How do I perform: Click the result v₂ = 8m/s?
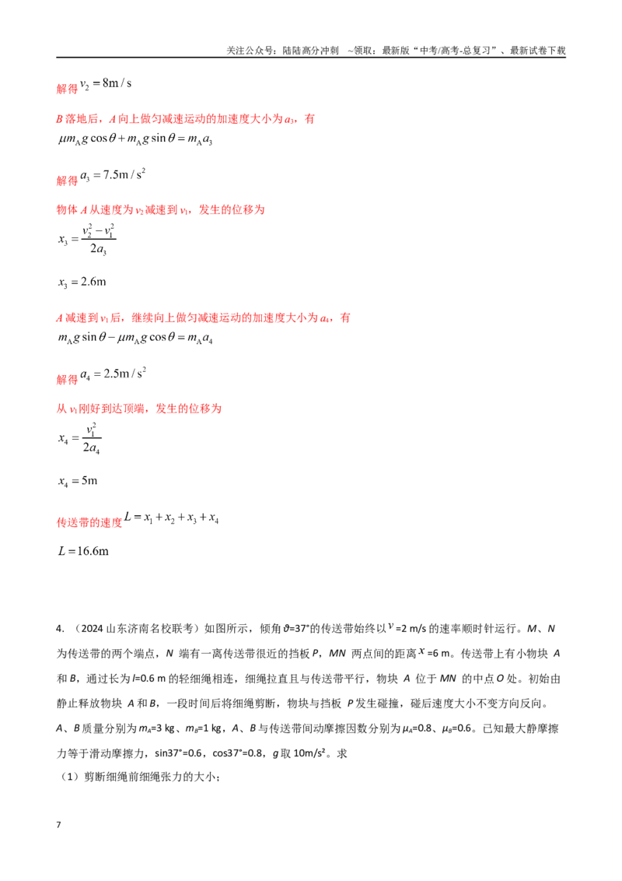tap(106, 84)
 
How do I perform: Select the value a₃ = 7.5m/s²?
tap(113, 175)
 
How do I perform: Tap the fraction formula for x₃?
tap(87, 240)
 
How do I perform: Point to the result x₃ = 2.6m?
tap(82, 282)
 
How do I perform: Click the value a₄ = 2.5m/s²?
tap(113, 374)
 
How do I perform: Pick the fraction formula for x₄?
tap(80, 439)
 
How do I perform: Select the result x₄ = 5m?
tap(78, 481)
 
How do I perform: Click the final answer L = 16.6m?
tap(84, 551)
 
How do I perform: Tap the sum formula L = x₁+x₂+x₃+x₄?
tap(171, 518)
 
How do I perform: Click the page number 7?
tap(58, 825)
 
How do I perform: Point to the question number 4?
tap(60, 629)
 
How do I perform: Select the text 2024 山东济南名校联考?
tap(134, 629)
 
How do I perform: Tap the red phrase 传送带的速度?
tap(89, 522)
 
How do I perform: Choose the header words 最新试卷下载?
tap(538, 51)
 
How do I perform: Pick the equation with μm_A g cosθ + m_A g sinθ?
tap(135, 139)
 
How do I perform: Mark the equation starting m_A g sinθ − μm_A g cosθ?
tap(135, 338)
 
